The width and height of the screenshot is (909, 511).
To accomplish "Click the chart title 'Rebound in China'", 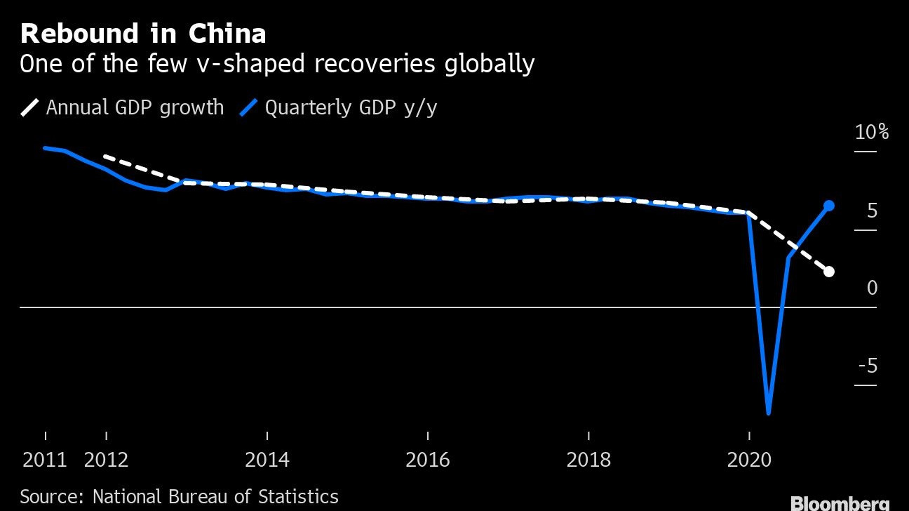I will (143, 34).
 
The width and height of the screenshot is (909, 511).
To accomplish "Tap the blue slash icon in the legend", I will (249, 107).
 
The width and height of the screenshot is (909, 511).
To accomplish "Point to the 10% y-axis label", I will (871, 132).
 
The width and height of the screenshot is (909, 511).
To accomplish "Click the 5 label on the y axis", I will (872, 211).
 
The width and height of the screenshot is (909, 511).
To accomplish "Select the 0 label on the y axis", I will (872, 288).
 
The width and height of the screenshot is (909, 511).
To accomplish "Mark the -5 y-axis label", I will (868, 366).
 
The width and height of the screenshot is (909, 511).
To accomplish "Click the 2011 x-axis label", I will (45, 460).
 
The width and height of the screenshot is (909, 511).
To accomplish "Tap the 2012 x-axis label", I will (106, 460).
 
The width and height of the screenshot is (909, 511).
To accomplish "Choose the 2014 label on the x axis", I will (267, 460).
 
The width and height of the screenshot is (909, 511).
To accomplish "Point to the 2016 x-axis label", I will (428, 460).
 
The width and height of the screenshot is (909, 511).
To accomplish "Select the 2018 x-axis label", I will (588, 460).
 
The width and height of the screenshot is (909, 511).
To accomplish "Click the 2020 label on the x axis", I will (749, 460).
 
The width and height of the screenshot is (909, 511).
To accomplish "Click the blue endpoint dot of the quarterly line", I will (828, 206).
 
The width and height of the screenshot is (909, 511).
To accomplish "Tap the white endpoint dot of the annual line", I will (828, 272).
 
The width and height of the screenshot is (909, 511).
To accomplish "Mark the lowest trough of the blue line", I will (769, 413).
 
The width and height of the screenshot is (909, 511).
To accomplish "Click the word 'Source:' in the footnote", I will (49, 497).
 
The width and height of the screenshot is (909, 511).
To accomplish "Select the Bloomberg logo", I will (840, 503).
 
